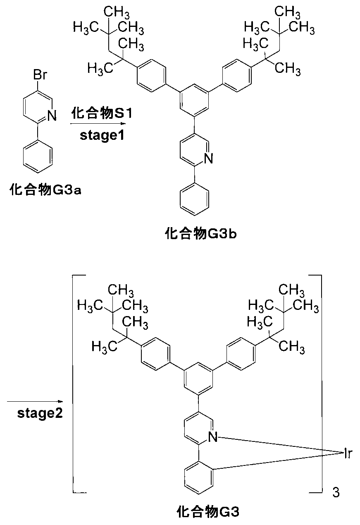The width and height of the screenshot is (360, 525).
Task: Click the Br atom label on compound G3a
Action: (40, 75)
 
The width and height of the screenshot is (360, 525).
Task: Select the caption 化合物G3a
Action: (45, 189)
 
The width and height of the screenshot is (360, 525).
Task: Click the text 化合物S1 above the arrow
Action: (102, 113)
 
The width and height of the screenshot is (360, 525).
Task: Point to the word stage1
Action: (102, 135)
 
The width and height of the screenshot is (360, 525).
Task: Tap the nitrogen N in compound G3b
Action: (208, 158)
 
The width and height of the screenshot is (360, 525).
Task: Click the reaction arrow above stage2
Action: (35, 401)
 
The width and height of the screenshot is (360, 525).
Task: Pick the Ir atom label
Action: (348, 454)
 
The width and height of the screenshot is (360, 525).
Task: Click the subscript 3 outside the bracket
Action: (336, 492)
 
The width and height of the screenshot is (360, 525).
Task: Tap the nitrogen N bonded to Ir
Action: (213, 436)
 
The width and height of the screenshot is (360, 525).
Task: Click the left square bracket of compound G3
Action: (73, 384)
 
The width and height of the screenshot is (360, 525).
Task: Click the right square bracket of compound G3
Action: (321, 384)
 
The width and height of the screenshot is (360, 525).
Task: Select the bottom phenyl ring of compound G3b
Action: (194, 199)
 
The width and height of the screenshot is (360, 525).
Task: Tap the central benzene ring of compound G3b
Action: (194, 101)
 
